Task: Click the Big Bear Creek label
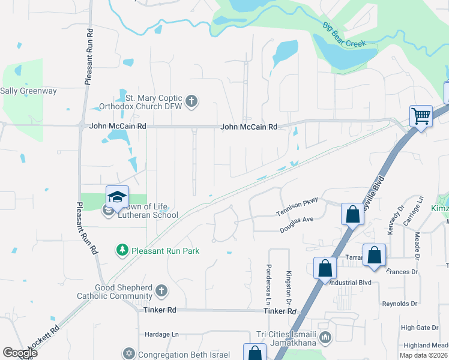pyautogui.click(x=344, y=43)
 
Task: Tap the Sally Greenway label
pyautogui.click(x=28, y=91)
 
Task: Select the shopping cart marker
pyautogui.click(x=421, y=116)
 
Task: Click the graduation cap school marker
pyautogui.click(x=117, y=196)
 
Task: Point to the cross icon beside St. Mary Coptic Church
pyautogui.click(x=191, y=100)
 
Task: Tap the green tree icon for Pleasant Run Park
pyautogui.click(x=122, y=249)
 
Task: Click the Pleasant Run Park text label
pyautogui.click(x=165, y=251)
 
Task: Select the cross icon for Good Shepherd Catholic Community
pyautogui.click(x=160, y=292)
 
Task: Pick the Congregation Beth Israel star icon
pyautogui.click(x=128, y=354)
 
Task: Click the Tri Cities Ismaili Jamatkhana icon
pyautogui.click(x=325, y=338)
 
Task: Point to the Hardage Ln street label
pyautogui.click(x=162, y=334)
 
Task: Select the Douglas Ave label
pyautogui.click(x=297, y=225)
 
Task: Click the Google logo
pyautogui.click(x=20, y=352)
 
